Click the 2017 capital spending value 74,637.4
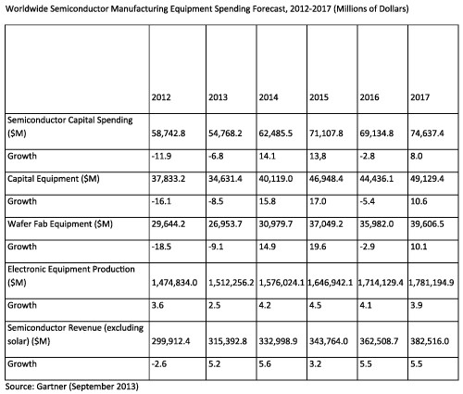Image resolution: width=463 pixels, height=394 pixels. (430, 133)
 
